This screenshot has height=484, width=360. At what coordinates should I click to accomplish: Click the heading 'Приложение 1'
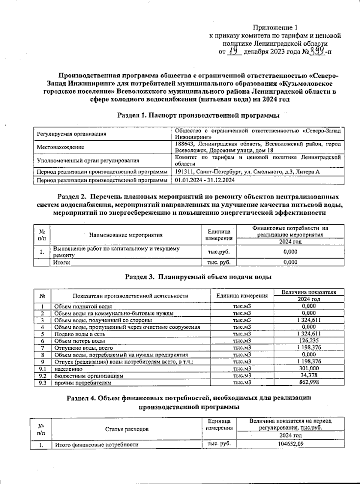[x=275, y=28]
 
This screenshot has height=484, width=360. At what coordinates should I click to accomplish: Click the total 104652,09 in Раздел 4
[x=290, y=444]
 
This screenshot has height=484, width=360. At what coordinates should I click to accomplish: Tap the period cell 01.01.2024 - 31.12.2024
[x=205, y=180]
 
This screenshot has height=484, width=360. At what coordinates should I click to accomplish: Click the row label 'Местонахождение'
[x=60, y=148]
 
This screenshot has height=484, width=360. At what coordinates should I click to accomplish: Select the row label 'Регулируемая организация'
[x=71, y=134]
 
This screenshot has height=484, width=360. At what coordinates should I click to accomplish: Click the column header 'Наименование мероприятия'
[x=126, y=235]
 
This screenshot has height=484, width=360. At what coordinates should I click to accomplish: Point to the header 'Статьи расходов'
[x=127, y=429]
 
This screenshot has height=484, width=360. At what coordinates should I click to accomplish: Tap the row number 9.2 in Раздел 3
[x=42, y=375]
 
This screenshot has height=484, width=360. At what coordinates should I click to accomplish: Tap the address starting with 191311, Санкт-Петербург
[x=247, y=172]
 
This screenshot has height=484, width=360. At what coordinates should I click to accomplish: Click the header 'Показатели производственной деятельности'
[x=130, y=296]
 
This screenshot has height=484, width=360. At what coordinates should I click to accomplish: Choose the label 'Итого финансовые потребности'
[x=96, y=445]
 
